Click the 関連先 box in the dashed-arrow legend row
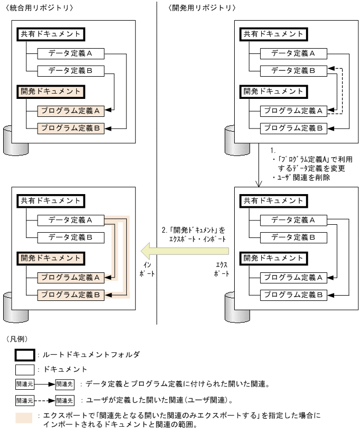64,400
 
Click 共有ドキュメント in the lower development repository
274,201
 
